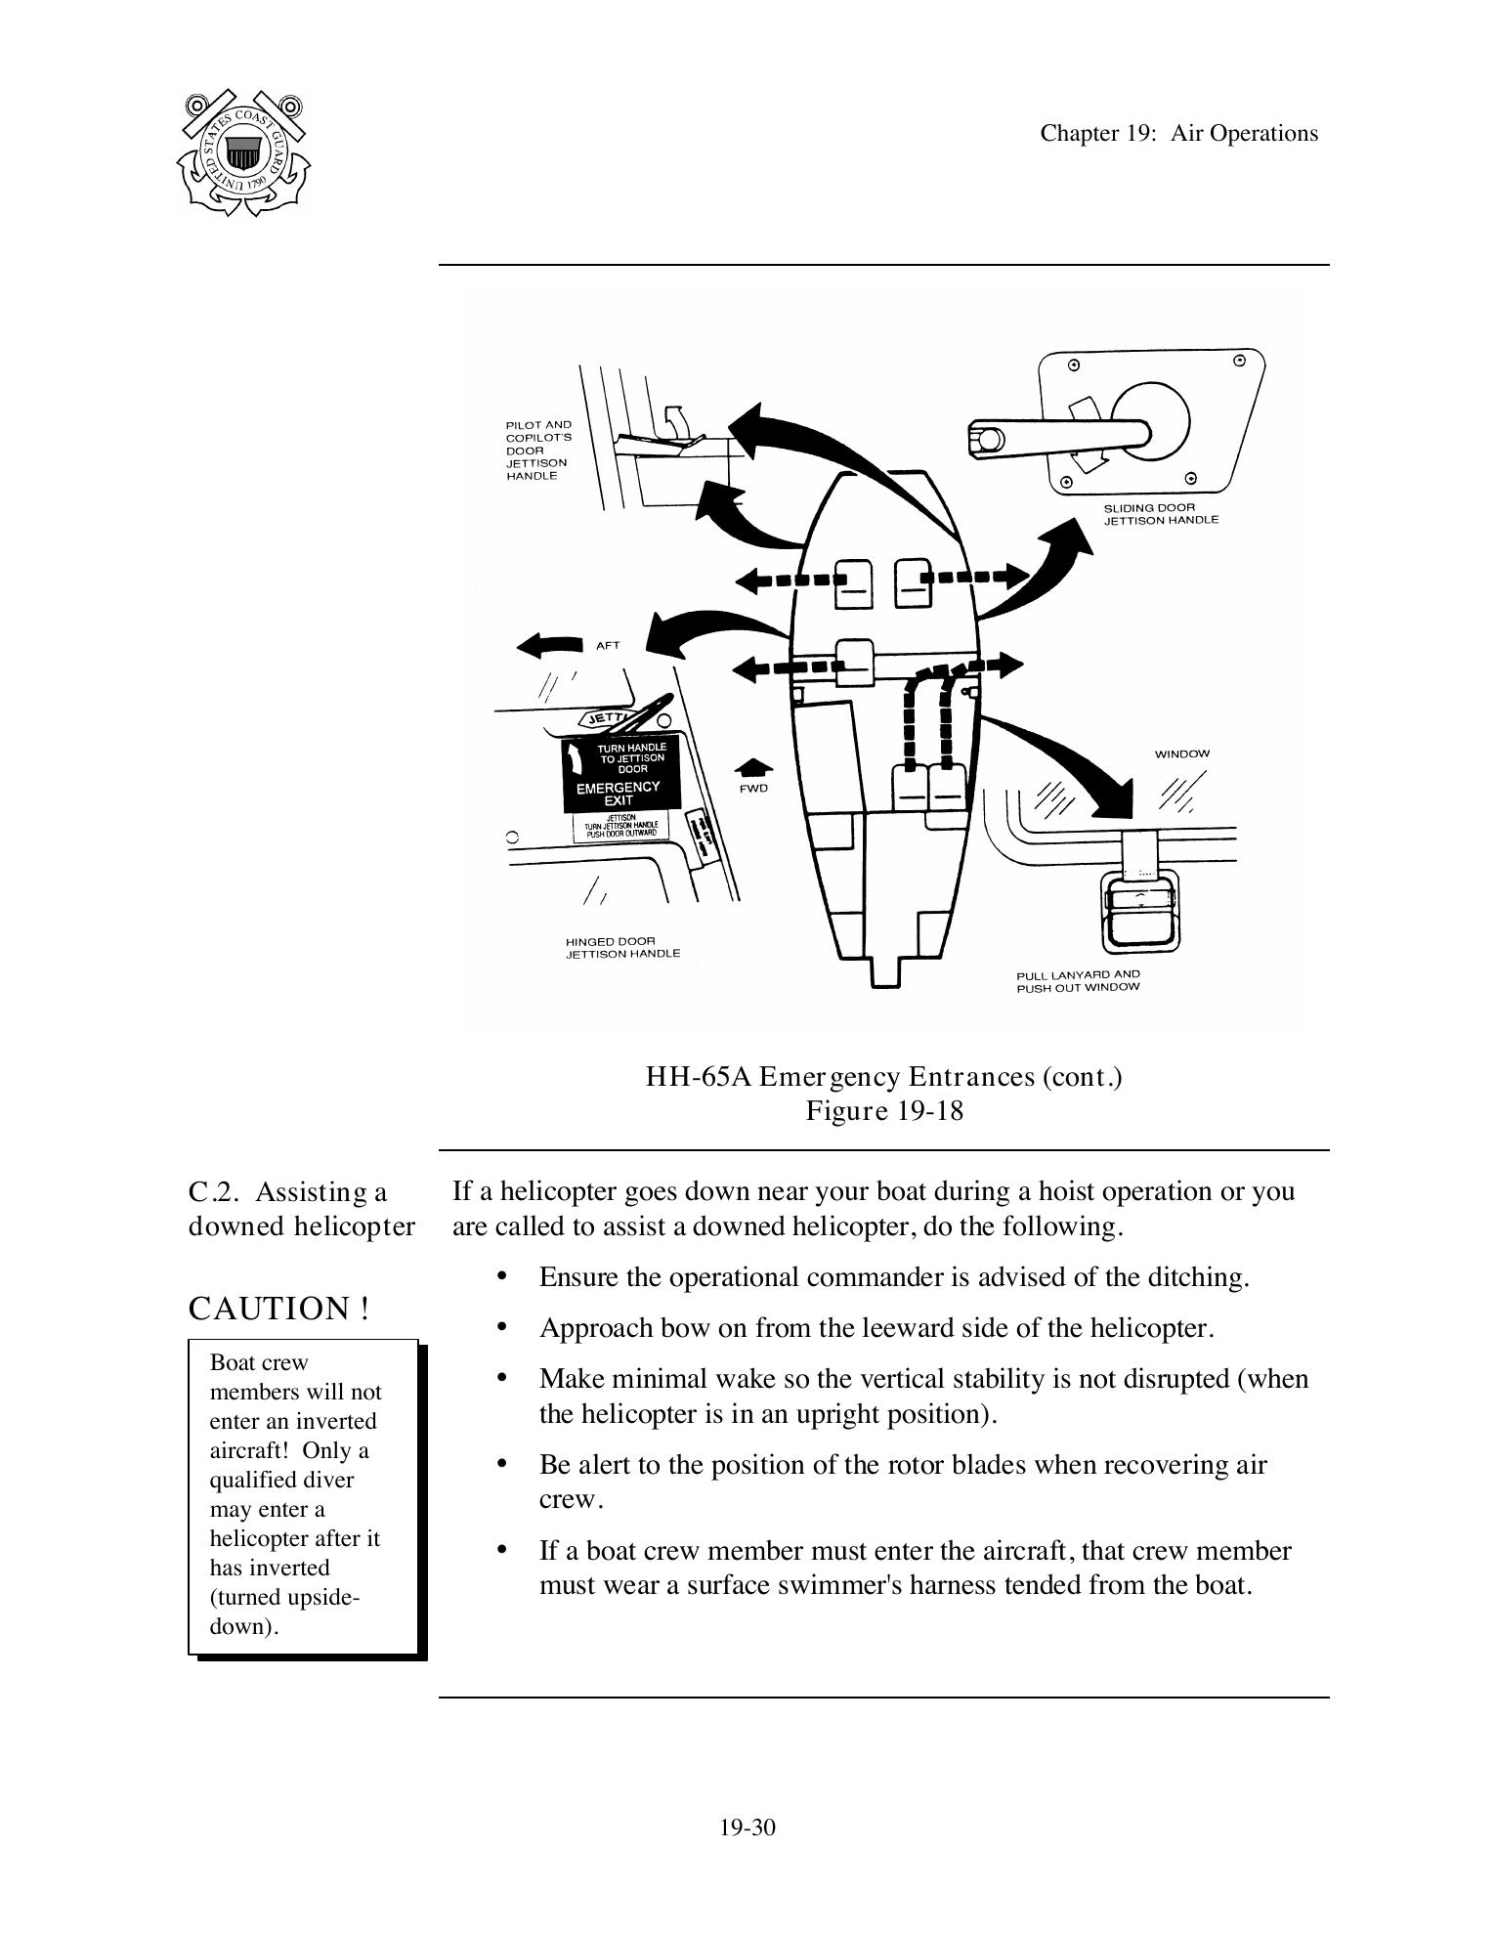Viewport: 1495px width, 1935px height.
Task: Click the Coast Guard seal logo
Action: [244, 153]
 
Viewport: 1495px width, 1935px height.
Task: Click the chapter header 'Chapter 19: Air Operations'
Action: [1178, 134]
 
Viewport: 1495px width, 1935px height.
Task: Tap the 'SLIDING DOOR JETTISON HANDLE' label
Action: [1161, 514]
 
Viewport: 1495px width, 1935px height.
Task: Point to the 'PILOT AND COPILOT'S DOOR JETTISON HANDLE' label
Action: [537, 451]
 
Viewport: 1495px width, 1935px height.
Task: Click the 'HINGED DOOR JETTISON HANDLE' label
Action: [622, 947]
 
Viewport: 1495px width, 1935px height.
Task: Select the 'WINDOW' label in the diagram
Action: [1181, 753]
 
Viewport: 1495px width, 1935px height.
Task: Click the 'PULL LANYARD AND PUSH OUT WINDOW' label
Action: [1078, 980]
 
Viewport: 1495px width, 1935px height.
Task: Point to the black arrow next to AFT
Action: [549, 645]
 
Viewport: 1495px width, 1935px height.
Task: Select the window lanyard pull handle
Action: [1140, 909]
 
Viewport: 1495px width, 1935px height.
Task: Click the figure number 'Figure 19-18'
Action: [883, 1111]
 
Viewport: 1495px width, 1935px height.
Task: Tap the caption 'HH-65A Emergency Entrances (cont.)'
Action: [883, 1077]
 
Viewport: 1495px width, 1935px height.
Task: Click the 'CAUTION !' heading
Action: [279, 1309]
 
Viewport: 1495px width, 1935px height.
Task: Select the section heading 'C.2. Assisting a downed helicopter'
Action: [301, 1209]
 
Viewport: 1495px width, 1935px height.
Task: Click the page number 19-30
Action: [747, 1827]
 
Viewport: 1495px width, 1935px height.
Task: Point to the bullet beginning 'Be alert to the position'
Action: [903, 1465]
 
